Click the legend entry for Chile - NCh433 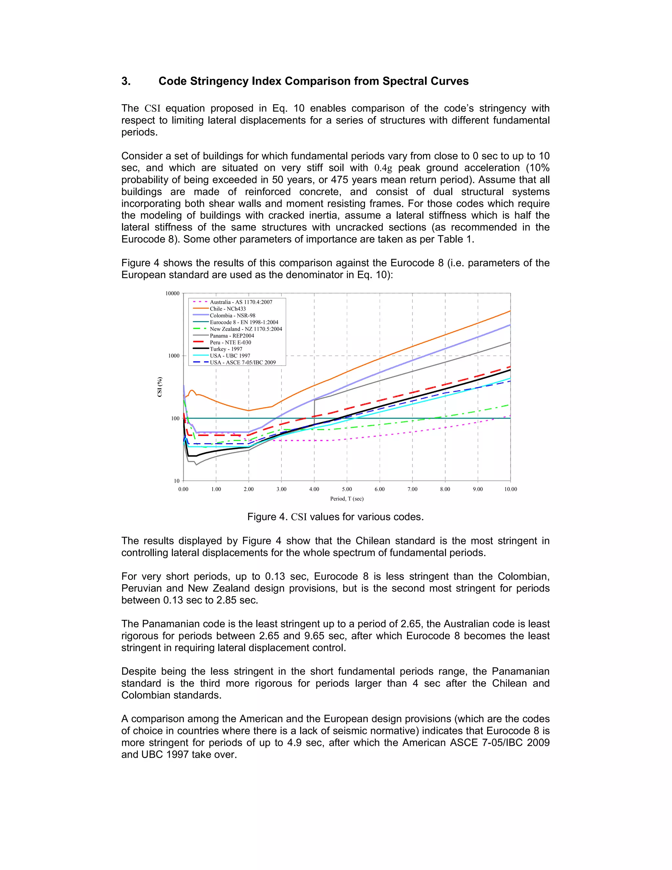click(228, 309)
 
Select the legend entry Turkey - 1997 click(226, 349)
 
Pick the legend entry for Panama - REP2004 click(232, 336)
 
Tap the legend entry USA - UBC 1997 click(230, 356)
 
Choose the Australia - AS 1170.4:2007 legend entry click(241, 302)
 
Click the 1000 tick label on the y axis click(174, 356)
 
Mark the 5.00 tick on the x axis click(347, 489)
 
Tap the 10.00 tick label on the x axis click(510, 489)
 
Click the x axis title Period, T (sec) click(347, 498)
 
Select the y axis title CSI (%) click(160, 386)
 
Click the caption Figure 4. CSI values click(335, 517)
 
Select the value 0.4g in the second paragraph click(383, 168)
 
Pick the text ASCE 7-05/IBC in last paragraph click(487, 743)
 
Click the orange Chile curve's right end click(510, 311)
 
